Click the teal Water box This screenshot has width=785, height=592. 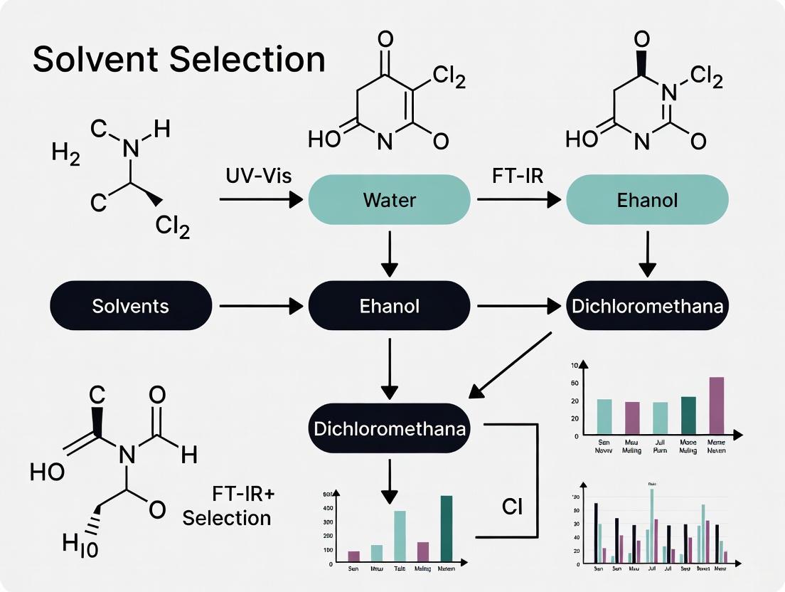pyautogui.click(x=389, y=199)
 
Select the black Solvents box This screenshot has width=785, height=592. pyautogui.click(x=131, y=306)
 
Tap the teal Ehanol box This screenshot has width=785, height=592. pyautogui.click(x=647, y=199)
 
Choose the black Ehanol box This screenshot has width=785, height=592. pyautogui.click(x=389, y=306)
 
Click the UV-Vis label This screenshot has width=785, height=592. pyautogui.click(x=257, y=176)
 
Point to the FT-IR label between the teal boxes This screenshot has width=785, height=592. pyautogui.click(x=517, y=176)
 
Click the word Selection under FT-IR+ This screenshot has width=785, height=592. pyautogui.click(x=227, y=517)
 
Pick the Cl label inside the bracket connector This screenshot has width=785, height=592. pyautogui.click(x=513, y=507)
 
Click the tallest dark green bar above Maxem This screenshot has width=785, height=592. pyautogui.click(x=446, y=528)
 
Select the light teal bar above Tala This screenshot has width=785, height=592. pyautogui.click(x=400, y=536)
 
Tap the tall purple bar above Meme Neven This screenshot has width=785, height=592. pyautogui.click(x=716, y=406)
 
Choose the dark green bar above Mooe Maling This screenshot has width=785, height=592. pyautogui.click(x=688, y=416)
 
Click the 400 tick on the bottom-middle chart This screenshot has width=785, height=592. pyautogui.click(x=327, y=508)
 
